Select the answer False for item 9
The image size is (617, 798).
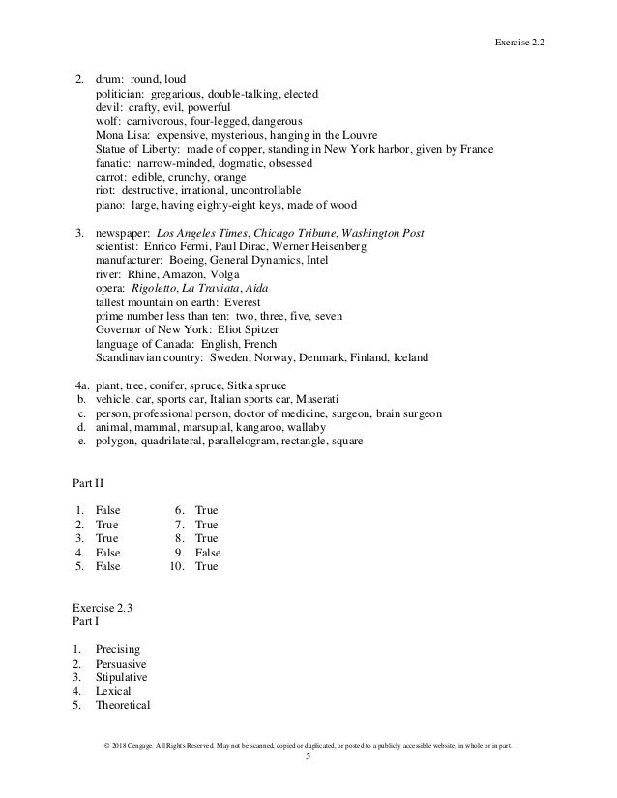pyautogui.click(x=208, y=553)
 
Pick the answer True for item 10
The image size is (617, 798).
pyautogui.click(x=206, y=566)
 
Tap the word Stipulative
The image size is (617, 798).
pyautogui.click(x=122, y=677)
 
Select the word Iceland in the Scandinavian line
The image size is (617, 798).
pyautogui.click(x=410, y=357)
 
